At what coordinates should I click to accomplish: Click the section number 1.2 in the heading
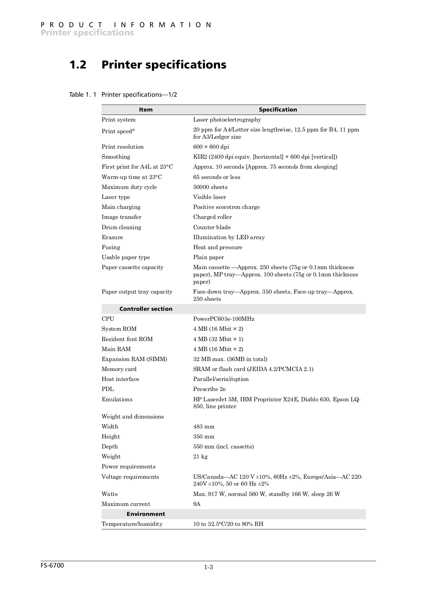(x=78, y=65)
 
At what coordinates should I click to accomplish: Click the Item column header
(x=146, y=110)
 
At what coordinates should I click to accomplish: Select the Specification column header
(x=278, y=110)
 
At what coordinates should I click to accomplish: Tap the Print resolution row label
(x=123, y=147)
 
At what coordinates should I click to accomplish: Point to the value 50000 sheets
(x=210, y=187)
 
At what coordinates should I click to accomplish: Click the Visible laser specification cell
(x=209, y=197)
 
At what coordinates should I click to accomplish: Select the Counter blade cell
(x=212, y=227)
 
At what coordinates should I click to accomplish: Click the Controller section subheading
(x=146, y=309)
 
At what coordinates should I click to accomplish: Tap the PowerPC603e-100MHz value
(x=223, y=319)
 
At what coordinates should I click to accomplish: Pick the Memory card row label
(x=119, y=369)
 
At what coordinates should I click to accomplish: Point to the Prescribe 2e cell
(x=209, y=389)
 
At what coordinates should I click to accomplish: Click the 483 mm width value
(x=204, y=427)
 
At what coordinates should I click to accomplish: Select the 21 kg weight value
(x=200, y=457)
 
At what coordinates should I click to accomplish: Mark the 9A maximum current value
(x=197, y=504)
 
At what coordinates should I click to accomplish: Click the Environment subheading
(x=146, y=514)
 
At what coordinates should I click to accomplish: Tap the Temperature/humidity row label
(x=132, y=524)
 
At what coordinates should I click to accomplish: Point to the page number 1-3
(x=208, y=568)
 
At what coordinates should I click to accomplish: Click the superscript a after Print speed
(x=133, y=130)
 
